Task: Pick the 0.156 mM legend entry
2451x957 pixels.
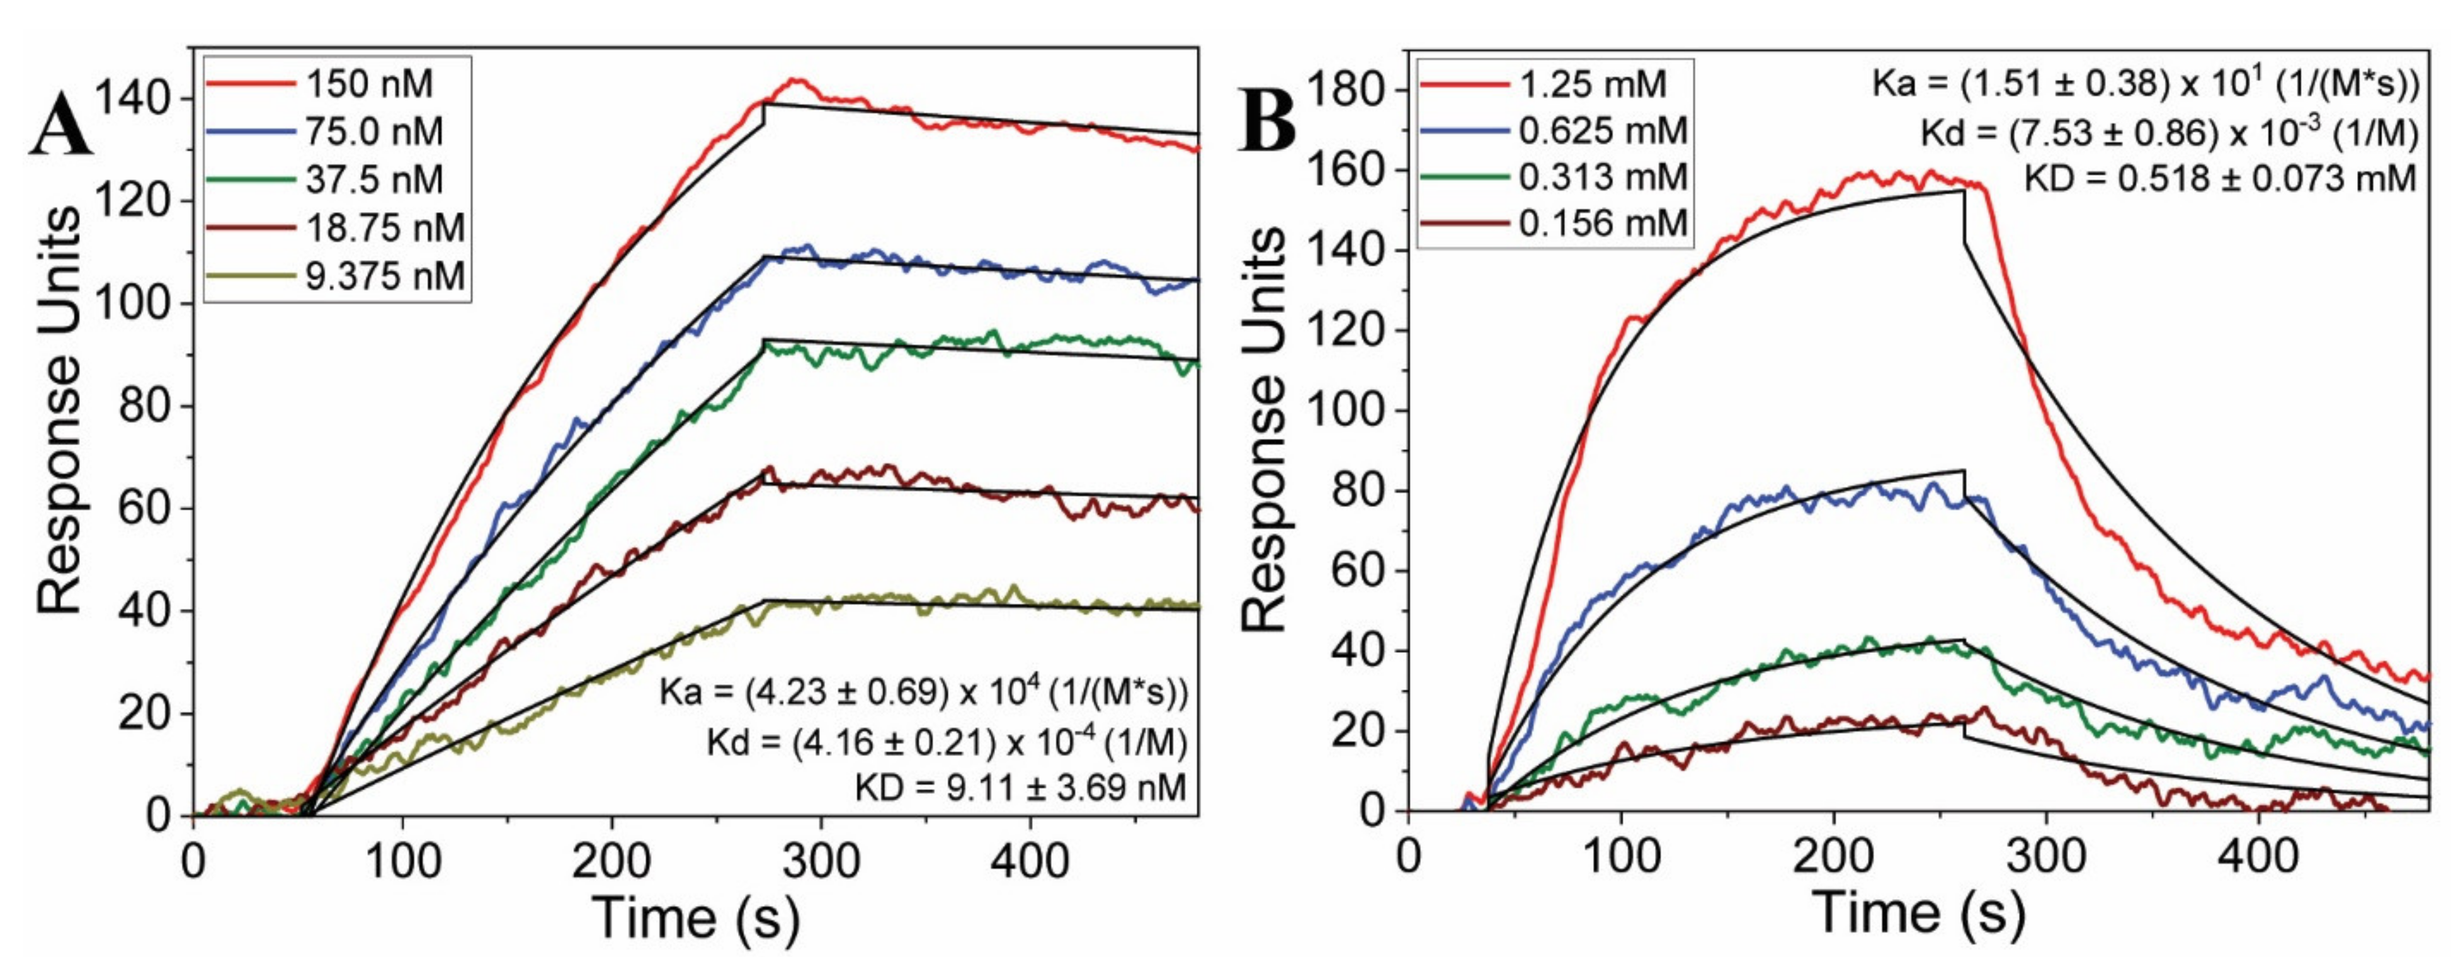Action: (x=1602, y=223)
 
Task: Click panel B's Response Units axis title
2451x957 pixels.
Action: (x=1265, y=430)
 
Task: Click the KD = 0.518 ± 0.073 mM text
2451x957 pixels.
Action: (x=2220, y=178)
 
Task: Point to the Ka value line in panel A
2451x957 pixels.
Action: (x=923, y=691)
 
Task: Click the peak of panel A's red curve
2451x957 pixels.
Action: (x=797, y=82)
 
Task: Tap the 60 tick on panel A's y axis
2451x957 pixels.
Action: (x=144, y=508)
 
